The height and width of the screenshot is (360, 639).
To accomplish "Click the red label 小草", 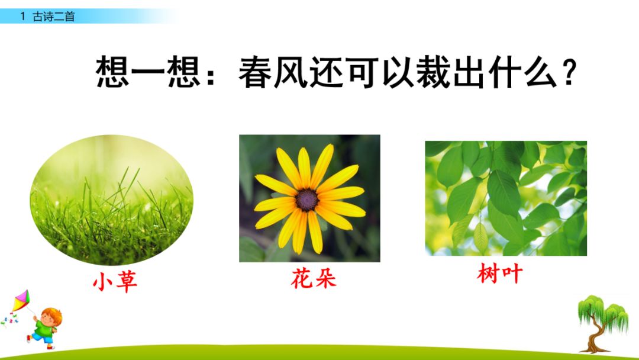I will click(115, 282).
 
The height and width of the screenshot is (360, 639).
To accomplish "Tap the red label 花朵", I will click(314, 278).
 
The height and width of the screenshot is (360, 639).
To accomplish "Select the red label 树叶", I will click(500, 274).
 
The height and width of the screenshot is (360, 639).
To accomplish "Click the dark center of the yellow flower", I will click(307, 200).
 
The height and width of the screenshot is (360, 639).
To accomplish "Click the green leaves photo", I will click(506, 198).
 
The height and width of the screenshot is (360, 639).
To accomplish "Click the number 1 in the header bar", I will click(22, 17).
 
